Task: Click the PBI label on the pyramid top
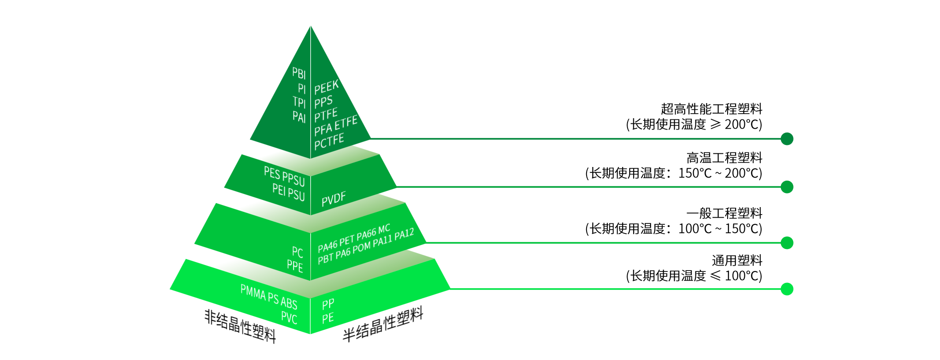(299, 73)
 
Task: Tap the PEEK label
(327, 87)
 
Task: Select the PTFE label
(326, 115)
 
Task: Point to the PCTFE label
(329, 142)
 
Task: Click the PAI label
(299, 116)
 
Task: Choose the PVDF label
(334, 199)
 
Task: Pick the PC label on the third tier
(297, 252)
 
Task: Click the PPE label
(295, 266)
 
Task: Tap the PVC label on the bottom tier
(289, 317)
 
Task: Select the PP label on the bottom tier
(328, 304)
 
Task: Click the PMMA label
(253, 292)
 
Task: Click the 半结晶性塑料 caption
(383, 324)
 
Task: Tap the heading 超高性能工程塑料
(711, 109)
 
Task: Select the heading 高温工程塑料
(724, 157)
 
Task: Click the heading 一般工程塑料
(724, 213)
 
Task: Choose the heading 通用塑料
(737, 260)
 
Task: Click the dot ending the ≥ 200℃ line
(787, 139)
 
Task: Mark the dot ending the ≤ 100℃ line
(787, 289)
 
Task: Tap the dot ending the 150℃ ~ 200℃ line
(787, 187)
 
